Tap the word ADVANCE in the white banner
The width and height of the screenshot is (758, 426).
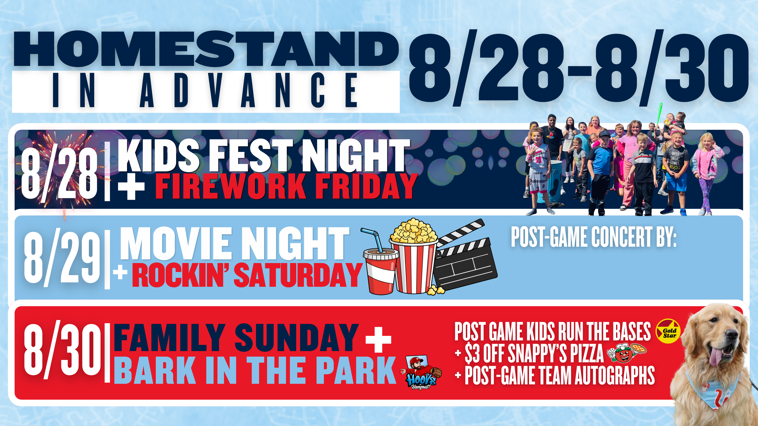(x=249, y=90)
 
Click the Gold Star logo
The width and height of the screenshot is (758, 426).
(x=668, y=331)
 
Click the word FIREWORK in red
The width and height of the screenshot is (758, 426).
(x=230, y=186)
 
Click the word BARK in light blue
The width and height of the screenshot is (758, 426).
(x=155, y=370)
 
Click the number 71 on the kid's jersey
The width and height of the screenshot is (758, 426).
(x=538, y=160)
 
